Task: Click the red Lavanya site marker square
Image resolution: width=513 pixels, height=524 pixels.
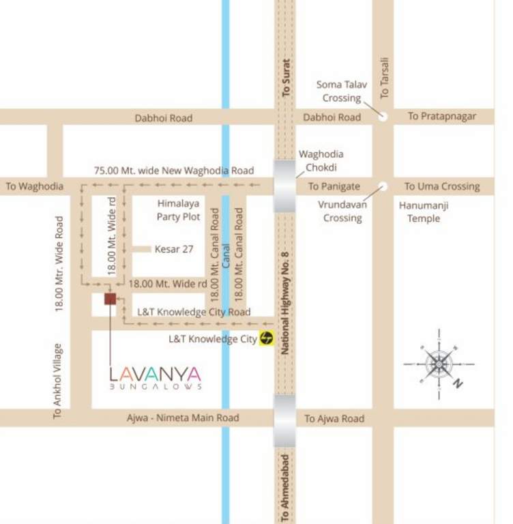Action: [x=110, y=298]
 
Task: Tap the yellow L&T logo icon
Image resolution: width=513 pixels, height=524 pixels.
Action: [x=266, y=338]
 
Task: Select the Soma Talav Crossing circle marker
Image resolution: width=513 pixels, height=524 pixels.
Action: [x=383, y=116]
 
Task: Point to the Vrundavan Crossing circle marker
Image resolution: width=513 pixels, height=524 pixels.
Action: [x=383, y=186]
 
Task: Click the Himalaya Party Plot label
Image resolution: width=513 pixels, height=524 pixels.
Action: [x=179, y=210]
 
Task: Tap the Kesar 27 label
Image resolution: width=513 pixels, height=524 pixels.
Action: [x=174, y=249]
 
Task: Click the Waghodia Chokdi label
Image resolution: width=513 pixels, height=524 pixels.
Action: [x=320, y=161]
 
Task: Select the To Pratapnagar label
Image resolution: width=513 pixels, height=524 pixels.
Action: [x=441, y=116]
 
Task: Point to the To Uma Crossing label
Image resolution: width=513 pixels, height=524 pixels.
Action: [x=442, y=186]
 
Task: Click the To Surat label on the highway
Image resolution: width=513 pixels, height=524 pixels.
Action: [x=286, y=76]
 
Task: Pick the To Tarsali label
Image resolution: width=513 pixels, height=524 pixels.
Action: [x=384, y=76]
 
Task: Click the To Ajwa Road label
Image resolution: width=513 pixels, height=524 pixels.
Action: [x=334, y=418]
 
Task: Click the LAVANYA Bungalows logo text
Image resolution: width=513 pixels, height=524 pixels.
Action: [x=156, y=377]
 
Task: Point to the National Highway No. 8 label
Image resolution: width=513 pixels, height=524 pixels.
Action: [x=286, y=302]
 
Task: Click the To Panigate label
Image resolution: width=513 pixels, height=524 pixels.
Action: [x=334, y=186]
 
